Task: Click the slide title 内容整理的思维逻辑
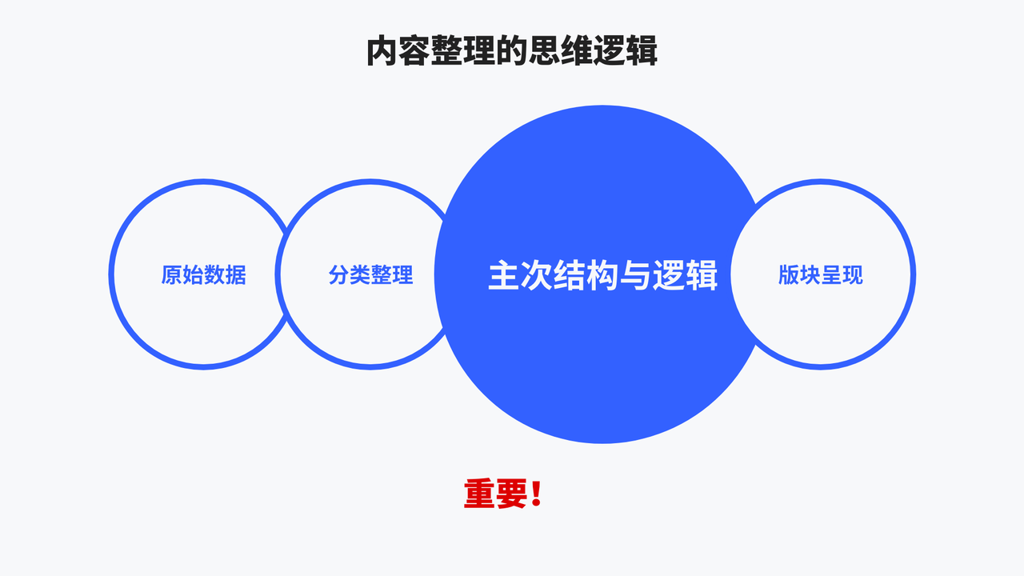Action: coord(512,51)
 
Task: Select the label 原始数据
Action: coord(203,274)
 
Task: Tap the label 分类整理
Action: coord(370,274)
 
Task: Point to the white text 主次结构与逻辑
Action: coord(602,274)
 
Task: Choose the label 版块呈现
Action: coord(821,274)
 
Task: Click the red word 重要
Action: coord(495,494)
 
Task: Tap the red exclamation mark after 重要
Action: coord(536,494)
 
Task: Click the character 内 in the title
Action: coord(382,51)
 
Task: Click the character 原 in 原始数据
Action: coord(171,274)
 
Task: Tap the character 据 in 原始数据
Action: coord(236,274)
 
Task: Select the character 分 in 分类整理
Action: coord(338,274)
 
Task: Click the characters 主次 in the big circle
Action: coord(521,274)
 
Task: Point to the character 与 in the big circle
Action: coord(635,274)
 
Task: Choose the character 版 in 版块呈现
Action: coord(789,274)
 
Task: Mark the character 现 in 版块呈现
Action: coord(853,274)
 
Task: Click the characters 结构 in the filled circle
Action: coord(586,274)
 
